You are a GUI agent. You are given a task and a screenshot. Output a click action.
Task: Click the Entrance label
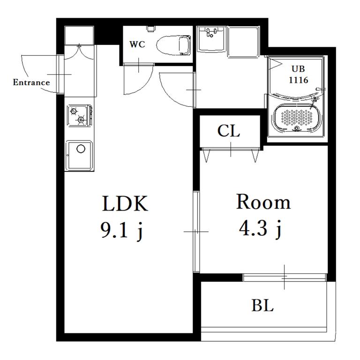(31, 82)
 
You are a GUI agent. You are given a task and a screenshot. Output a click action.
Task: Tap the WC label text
(137, 44)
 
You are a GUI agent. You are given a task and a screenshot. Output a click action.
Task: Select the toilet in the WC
(173, 45)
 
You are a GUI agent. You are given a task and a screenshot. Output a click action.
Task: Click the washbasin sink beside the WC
(211, 38)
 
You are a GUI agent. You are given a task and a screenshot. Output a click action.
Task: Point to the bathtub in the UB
(297, 118)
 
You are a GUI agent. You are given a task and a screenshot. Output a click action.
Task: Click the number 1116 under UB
(299, 80)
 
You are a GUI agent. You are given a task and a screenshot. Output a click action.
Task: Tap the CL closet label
(228, 131)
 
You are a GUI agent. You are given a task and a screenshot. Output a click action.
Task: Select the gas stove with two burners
(80, 116)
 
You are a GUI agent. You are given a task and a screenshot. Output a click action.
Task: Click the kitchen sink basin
(79, 155)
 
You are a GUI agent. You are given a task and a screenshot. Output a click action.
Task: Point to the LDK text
(125, 204)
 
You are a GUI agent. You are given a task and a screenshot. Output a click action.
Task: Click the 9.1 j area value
(122, 230)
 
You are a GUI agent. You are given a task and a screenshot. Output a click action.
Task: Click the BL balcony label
(262, 306)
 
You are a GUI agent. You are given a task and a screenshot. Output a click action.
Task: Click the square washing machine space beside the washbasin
(243, 41)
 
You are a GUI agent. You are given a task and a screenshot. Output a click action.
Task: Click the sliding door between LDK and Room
(196, 232)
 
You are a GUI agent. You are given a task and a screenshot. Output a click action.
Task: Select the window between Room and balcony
(285, 277)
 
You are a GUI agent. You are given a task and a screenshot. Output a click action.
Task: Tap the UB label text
(298, 69)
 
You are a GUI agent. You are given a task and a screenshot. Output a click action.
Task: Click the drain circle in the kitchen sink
(81, 148)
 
